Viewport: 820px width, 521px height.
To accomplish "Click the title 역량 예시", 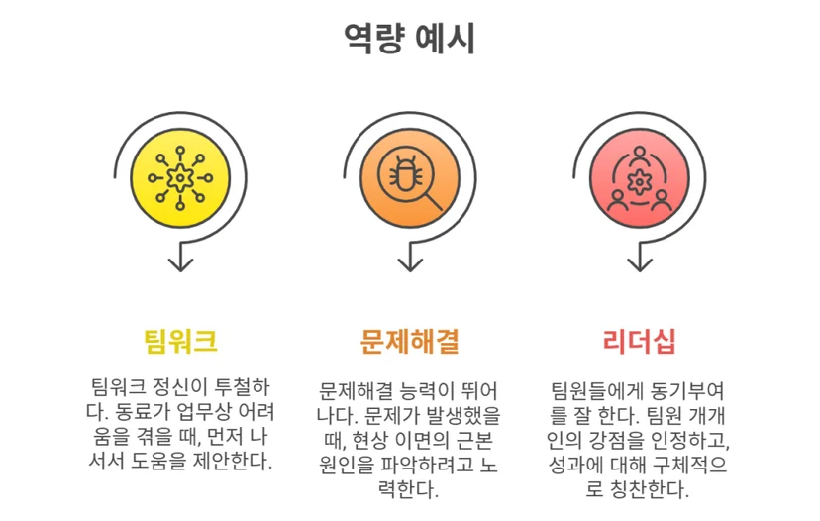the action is click(409, 39).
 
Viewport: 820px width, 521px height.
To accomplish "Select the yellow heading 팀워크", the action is click(180, 341).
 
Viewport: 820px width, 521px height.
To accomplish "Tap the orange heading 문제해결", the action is click(409, 341).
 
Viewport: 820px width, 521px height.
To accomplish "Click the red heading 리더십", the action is click(639, 341).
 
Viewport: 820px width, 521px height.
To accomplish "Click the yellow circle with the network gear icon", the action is click(180, 178).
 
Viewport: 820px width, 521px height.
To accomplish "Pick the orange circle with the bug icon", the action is click(409, 178).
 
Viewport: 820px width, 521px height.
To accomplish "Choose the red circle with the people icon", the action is click(639, 178).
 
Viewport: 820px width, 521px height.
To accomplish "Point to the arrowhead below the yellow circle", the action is click(180, 264).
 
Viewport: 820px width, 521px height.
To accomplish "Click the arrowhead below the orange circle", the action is click(410, 264).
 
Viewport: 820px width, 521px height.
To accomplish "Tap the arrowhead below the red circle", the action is click(640, 264).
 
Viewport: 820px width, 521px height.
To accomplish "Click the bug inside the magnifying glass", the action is click(403, 173).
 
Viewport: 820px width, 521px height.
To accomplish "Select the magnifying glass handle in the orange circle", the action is click(432, 201).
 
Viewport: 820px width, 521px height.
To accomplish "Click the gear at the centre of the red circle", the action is click(639, 182).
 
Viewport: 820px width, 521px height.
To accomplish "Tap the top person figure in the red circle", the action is click(639, 156).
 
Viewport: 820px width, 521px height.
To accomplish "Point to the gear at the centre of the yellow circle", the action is click(180, 178).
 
